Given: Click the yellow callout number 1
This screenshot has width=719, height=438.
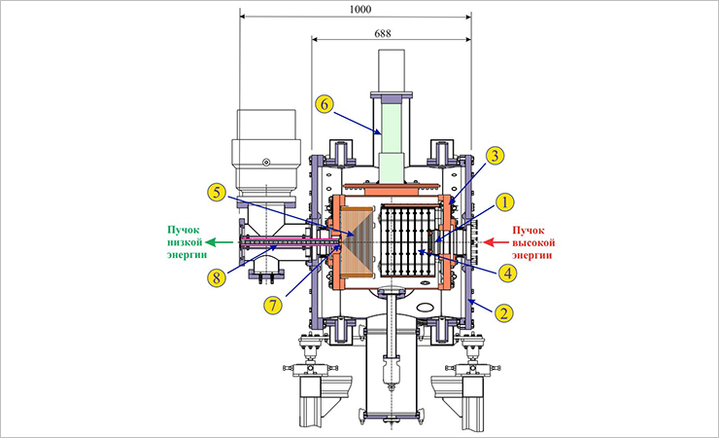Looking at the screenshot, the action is pos(505,202).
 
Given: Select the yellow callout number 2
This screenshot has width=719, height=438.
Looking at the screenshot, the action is pos(503,313).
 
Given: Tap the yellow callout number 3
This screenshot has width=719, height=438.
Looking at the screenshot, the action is pos(495,156).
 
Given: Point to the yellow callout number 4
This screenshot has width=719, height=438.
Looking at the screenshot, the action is pos(507,274).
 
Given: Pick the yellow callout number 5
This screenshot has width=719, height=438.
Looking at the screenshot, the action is pos(217,193).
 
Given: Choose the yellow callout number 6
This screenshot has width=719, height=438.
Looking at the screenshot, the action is pos(325,104).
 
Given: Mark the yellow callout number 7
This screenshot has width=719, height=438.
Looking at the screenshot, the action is pos(273,305).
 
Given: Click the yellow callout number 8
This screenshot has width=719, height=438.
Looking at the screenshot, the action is pos(217,278).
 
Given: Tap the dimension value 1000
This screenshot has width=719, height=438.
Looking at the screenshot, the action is pos(360,9).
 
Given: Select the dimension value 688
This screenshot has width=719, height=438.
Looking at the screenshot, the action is pos(383,33).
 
